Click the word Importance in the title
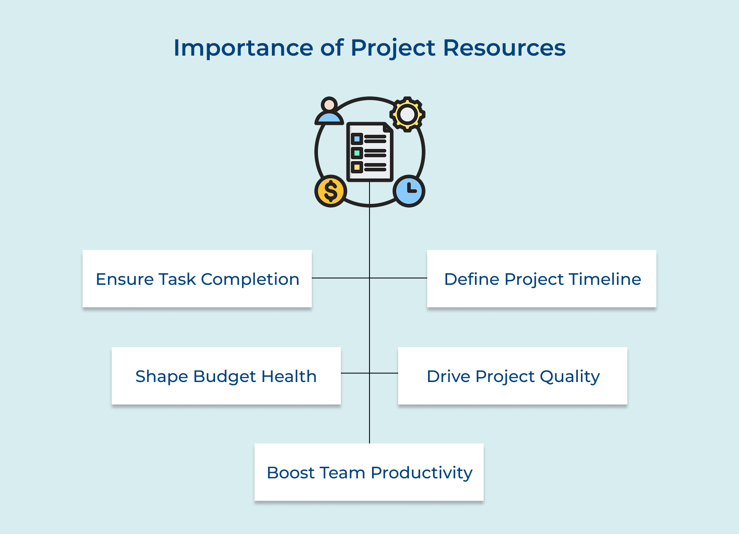click(x=243, y=48)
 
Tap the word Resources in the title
click(x=504, y=48)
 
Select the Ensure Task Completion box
click(x=197, y=279)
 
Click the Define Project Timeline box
click(x=542, y=279)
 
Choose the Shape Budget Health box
click(x=226, y=376)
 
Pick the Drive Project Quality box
click(x=513, y=376)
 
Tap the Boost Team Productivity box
click(x=369, y=472)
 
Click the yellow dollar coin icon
click(x=330, y=191)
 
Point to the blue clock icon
click(x=409, y=191)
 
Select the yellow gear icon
click(x=407, y=114)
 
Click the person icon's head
click(x=329, y=104)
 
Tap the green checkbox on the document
click(x=357, y=153)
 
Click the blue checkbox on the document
click(x=357, y=139)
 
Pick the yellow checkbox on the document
click(x=357, y=167)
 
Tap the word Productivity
click(x=421, y=473)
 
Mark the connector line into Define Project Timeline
click(x=399, y=278)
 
